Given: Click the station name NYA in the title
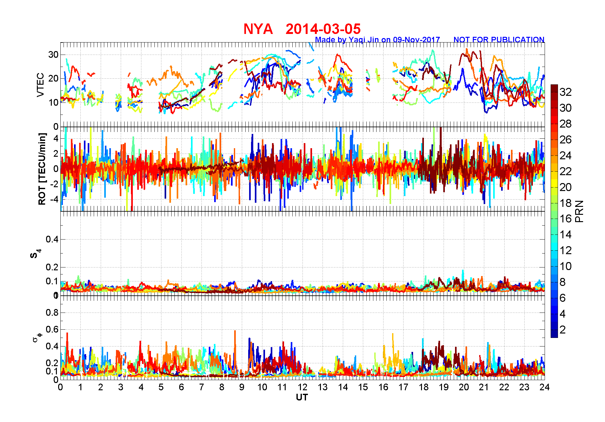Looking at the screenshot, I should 258,29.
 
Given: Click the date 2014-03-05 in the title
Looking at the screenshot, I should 323,29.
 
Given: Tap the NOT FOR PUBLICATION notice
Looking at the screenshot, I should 499,40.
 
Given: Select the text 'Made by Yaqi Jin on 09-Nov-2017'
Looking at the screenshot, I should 377,40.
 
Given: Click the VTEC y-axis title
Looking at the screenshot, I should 40,85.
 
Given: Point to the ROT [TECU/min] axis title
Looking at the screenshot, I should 42,169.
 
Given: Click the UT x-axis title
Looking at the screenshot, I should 302,398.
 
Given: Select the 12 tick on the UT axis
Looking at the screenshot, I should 302,387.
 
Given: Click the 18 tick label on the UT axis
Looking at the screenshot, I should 424,387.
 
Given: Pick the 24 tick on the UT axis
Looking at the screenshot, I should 545,387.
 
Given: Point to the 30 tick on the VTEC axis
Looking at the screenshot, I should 53,55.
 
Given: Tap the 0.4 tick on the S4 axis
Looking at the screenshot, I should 52,239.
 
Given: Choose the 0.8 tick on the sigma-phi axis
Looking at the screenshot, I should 52,313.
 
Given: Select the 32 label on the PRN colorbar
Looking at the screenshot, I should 566,92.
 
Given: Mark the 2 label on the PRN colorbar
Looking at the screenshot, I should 563,330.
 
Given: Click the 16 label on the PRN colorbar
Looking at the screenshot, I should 566,219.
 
